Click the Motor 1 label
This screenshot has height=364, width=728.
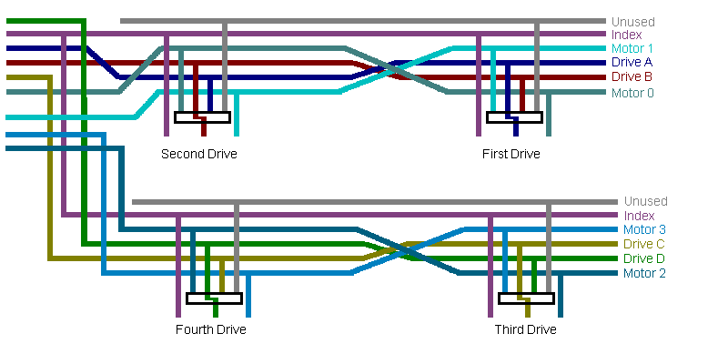632,48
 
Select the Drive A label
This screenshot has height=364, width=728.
632,63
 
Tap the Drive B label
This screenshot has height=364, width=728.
632,77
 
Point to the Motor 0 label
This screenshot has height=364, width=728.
632,93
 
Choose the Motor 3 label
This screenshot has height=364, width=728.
644,229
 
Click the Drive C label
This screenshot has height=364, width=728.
643,244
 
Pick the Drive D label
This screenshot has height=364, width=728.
643,258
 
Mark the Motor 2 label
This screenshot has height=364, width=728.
644,273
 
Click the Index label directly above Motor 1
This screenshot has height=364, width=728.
627,35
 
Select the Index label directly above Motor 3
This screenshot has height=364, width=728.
639,216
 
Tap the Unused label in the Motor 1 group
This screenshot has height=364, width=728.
632,22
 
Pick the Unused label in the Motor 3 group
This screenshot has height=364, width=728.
645,201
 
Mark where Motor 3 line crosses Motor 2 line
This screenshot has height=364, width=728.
408,250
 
